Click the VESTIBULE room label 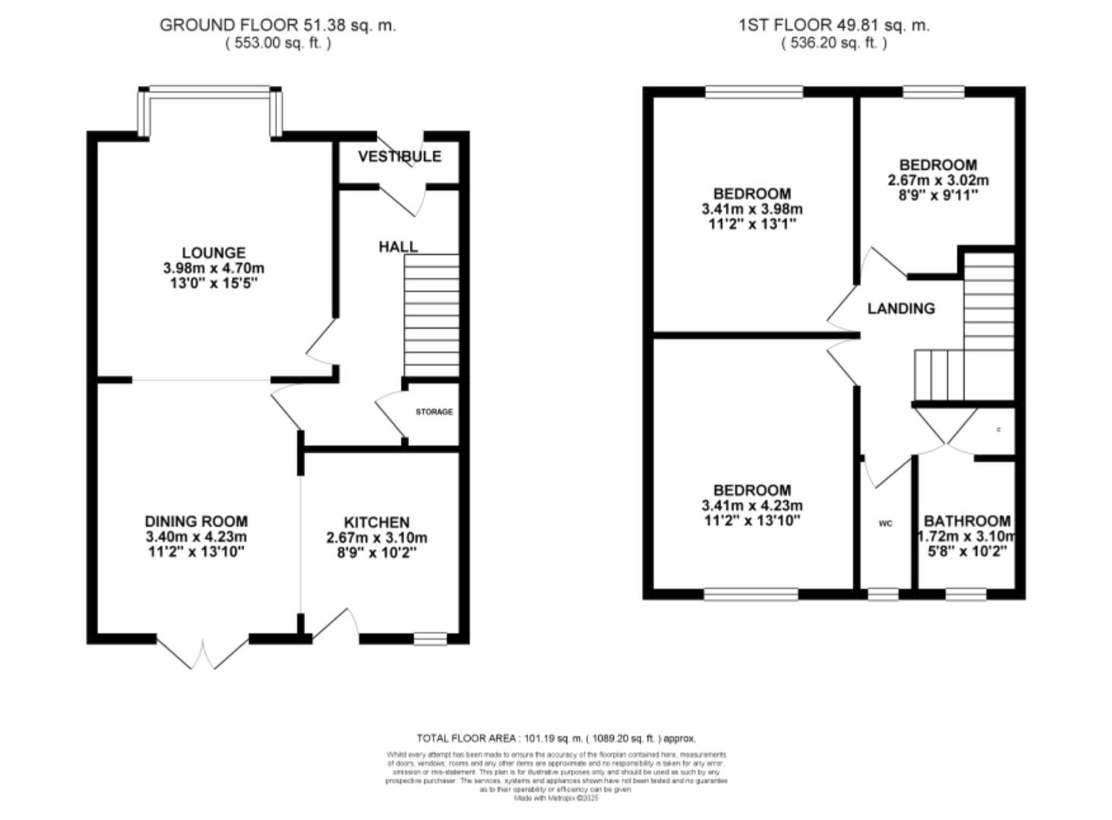tap(399, 156)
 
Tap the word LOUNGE tap(213, 253)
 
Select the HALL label tap(398, 247)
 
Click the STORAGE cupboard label tap(434, 412)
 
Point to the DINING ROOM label tap(196, 522)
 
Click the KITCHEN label tap(376, 522)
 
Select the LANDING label tap(901, 308)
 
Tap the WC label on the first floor tap(885, 523)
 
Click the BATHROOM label tap(967, 521)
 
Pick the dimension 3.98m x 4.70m tap(213, 268)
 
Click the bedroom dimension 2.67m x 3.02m tap(938, 180)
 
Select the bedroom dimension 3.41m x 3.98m tap(751, 209)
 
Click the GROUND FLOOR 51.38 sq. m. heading tap(278, 25)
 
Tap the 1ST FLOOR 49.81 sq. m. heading tap(834, 25)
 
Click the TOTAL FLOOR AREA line tap(556, 738)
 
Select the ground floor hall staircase tap(431, 315)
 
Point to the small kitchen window tap(430, 639)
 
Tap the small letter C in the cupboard tap(998, 430)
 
